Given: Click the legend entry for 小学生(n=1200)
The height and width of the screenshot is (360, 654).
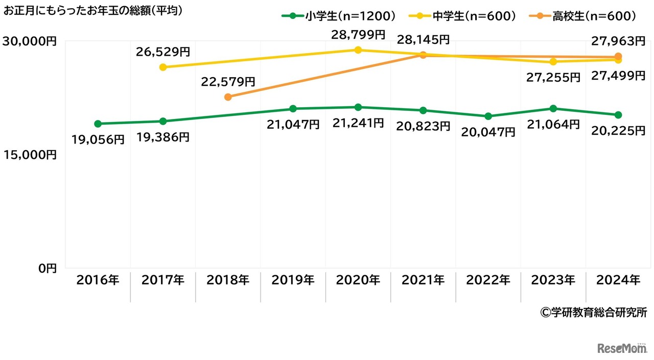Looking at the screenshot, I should coord(339,16).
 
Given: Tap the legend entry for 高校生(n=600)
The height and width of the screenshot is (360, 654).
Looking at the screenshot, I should coord(586,16).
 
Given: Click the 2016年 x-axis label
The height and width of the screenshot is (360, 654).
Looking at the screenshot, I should coord(98,280).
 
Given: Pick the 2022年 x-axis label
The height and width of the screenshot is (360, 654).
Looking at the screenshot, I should coord(488,280).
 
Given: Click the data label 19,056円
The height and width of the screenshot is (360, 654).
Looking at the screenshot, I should coord(98,139).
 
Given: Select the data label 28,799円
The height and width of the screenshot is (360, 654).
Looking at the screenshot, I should coord(358,35).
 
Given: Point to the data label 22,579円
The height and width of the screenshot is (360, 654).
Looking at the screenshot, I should coord(228,81).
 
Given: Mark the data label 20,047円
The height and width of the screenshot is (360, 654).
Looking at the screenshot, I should coord(488,132).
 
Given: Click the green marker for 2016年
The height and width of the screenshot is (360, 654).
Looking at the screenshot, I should coord(98,124).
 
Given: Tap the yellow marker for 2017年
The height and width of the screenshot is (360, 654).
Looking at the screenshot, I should coord(163,67).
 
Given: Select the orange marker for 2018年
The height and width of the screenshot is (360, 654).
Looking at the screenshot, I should coord(228,97).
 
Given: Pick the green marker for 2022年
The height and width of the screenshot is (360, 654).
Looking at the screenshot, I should coord(488,116).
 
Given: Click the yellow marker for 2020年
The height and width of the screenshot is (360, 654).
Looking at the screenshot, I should coord(358,50).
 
